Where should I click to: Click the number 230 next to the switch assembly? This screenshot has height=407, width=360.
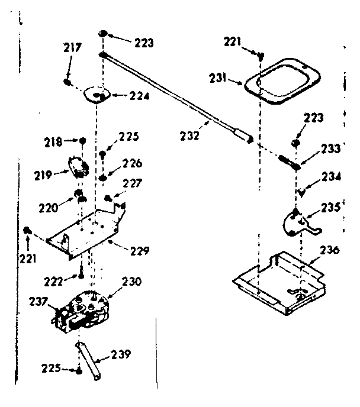[131, 282]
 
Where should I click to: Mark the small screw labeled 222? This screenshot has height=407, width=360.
[79, 275]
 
